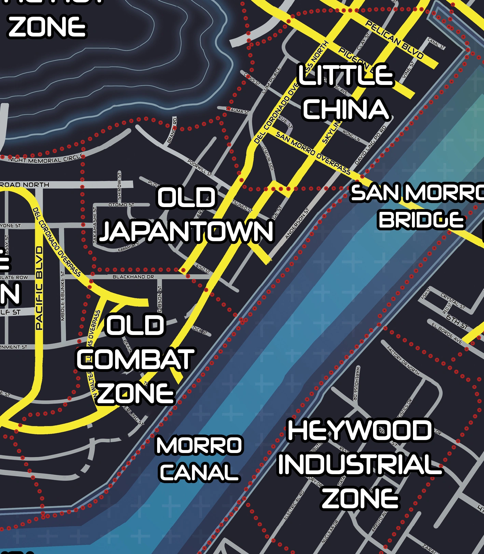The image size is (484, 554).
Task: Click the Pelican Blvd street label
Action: [x=395, y=39]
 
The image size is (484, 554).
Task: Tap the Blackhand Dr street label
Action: [x=133, y=277]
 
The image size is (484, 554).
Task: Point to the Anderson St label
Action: [x=297, y=223]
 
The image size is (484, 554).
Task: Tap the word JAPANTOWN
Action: [x=186, y=231]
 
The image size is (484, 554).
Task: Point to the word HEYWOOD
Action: [x=360, y=431]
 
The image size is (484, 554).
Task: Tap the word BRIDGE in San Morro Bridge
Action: [x=421, y=220]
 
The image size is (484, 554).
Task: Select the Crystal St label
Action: [x=453, y=301]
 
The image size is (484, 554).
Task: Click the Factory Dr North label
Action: [x=403, y=360]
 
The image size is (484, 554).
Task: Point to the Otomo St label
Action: [x=121, y=205]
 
